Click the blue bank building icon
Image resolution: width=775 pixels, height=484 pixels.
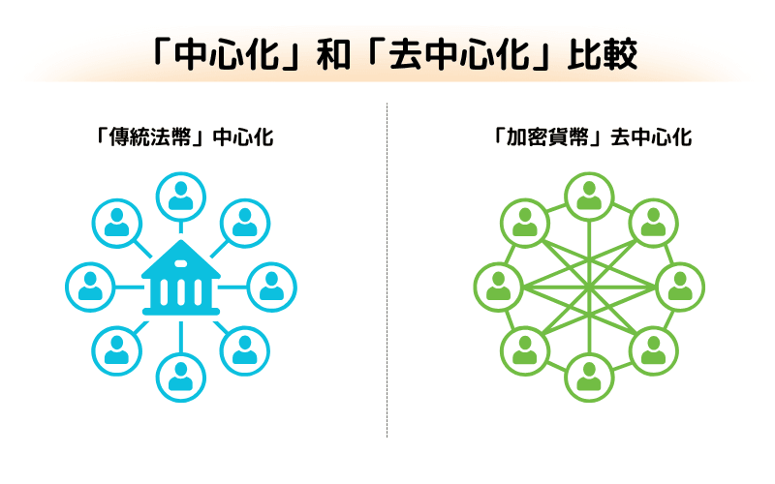tap(180, 281)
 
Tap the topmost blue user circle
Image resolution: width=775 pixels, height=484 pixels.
tap(180, 197)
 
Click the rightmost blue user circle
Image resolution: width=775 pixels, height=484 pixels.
tap(272, 287)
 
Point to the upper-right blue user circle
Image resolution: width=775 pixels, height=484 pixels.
tap(245, 223)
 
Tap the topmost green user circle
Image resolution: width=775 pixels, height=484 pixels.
tap(589, 197)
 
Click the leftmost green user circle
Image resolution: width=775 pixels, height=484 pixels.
tap(498, 287)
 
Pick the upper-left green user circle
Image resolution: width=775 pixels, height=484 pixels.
tap(524, 223)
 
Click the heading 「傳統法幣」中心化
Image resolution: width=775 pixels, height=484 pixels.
tap(180, 137)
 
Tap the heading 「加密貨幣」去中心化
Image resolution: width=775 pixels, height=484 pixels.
tap(590, 137)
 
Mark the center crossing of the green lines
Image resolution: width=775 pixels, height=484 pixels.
tap(589, 287)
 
